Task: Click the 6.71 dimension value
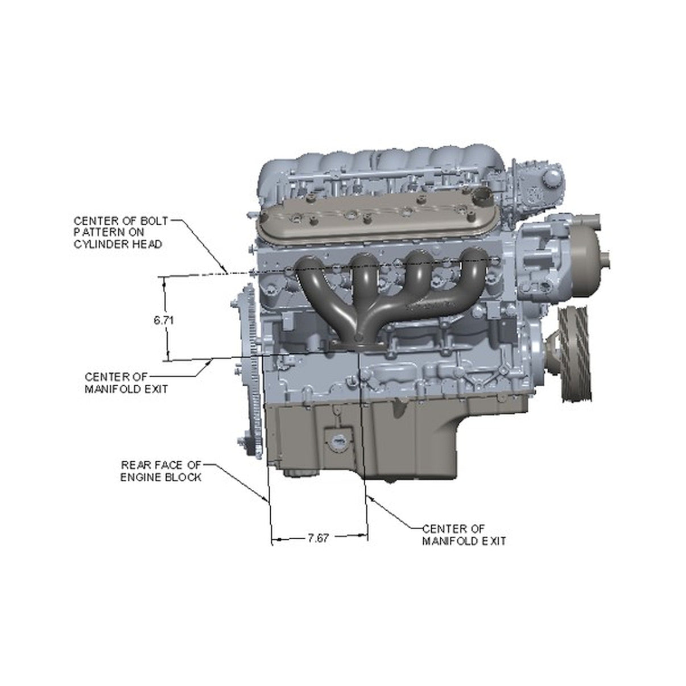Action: (163, 320)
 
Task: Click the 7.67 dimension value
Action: (318, 538)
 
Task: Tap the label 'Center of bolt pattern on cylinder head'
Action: (121, 233)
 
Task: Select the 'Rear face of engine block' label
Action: (161, 471)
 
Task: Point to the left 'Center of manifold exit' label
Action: (126, 383)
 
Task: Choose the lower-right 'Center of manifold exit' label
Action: (464, 535)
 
